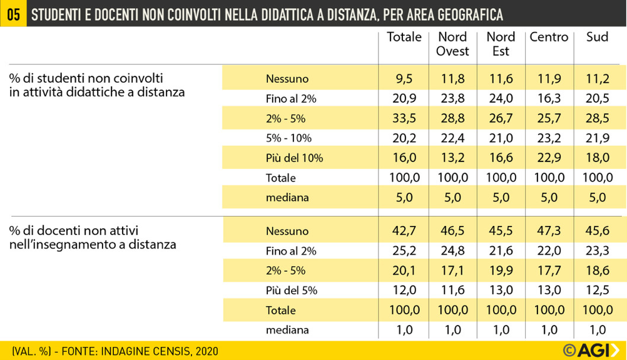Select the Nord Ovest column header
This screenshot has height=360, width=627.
452,44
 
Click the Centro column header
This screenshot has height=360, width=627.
549,37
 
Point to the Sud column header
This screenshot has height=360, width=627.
597,37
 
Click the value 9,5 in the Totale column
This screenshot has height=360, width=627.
404,79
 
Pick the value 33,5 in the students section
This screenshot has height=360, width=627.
404,118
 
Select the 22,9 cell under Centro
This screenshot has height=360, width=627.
549,158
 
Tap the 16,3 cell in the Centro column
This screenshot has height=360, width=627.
549,99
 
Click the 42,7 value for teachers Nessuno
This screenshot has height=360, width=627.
404,231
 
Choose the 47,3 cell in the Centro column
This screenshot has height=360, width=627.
549,231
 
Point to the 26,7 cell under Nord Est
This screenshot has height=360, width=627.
501,118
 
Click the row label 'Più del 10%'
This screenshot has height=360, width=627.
294,158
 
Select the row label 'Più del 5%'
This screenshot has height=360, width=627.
292,291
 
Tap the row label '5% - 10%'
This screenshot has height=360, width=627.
288,138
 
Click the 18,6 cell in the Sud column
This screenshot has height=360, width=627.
597,270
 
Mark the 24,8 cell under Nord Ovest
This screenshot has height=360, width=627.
452,251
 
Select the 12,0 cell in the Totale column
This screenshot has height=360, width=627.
404,290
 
